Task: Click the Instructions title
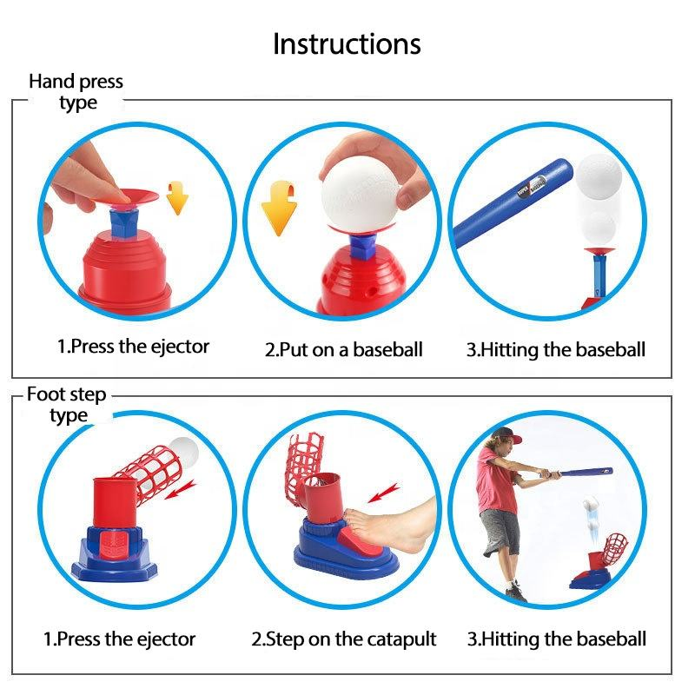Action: pyautogui.click(x=347, y=44)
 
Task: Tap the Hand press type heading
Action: pyautogui.click(x=76, y=92)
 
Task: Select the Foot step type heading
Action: pyautogui.click(x=67, y=405)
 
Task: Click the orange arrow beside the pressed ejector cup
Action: pyautogui.click(x=177, y=198)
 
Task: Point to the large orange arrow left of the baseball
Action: pyautogui.click(x=279, y=208)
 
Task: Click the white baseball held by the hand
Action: pyautogui.click(x=361, y=194)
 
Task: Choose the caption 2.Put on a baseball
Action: pyautogui.click(x=343, y=350)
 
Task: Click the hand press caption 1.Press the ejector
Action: pyautogui.click(x=134, y=347)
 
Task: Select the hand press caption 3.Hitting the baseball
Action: pyautogui.click(x=556, y=350)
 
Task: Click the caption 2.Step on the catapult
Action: pyautogui.click(x=343, y=639)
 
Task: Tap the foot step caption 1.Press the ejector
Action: pyautogui.click(x=120, y=639)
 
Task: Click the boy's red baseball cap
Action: pyautogui.click(x=507, y=435)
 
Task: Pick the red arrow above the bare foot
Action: pyautogui.click(x=384, y=493)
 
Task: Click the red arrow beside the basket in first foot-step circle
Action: pyautogui.click(x=181, y=489)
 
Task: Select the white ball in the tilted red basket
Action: pyautogui.click(x=183, y=451)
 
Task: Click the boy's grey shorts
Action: pyautogui.click(x=500, y=532)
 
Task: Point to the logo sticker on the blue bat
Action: pyautogui.click(x=532, y=186)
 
